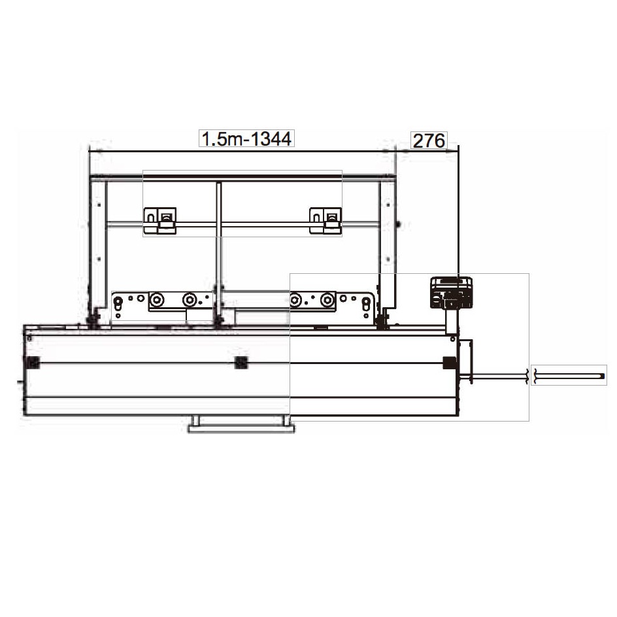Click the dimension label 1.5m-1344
pyautogui.click(x=246, y=139)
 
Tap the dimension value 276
pyautogui.click(x=429, y=141)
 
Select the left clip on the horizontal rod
pyautogui.click(x=159, y=220)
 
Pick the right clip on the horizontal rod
pyautogui.click(x=325, y=220)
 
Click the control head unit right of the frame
pyautogui.click(x=452, y=293)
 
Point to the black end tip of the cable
pyautogui.click(x=602, y=376)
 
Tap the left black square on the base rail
pyautogui.click(x=33, y=362)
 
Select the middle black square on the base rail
pyautogui.click(x=241, y=362)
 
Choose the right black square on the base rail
pyautogui.click(x=450, y=362)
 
